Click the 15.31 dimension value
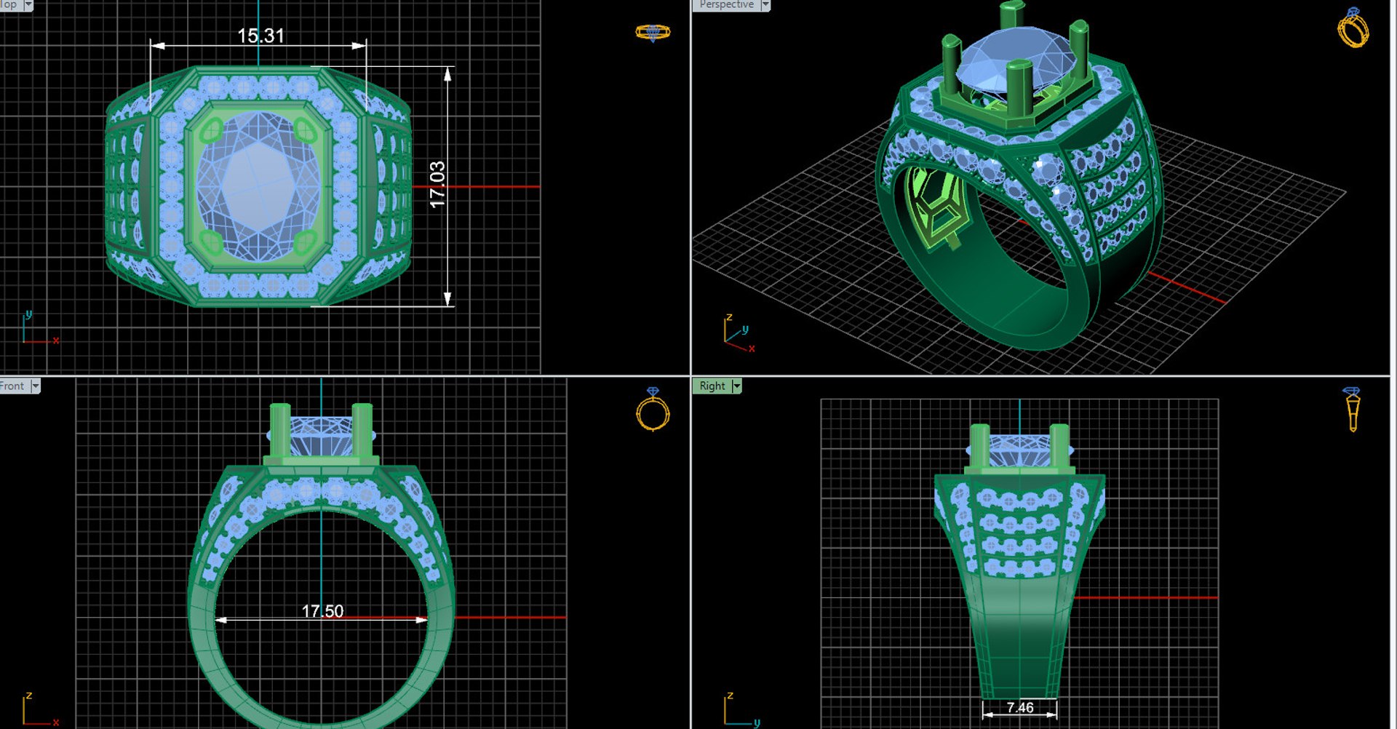pos(260,36)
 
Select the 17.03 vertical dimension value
pos(437,185)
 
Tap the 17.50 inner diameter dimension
pos(322,611)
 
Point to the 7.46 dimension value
pos(1019,707)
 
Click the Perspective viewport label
pos(726,4)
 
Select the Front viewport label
pos(12,386)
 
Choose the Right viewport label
pos(712,386)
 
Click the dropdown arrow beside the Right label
pos(736,386)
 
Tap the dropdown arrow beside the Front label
pos(35,386)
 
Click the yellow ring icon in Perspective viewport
pos(1353,28)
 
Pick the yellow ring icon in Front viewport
pos(653,410)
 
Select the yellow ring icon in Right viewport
pos(1352,409)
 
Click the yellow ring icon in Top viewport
pos(653,33)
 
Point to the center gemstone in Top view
pos(259,186)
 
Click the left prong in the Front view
pos(279,433)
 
